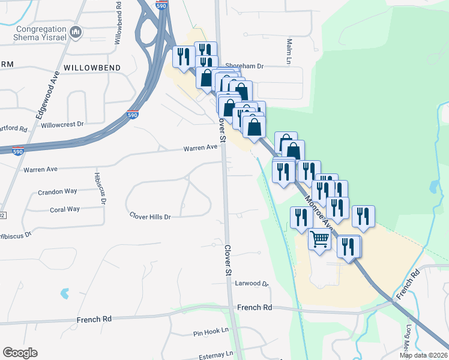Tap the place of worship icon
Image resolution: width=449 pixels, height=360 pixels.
click(76, 32)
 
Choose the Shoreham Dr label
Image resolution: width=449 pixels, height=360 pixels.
click(244, 67)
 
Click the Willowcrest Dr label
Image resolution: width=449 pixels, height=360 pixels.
click(62, 125)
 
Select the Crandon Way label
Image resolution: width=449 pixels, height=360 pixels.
click(58, 191)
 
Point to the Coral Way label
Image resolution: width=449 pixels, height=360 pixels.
click(65, 209)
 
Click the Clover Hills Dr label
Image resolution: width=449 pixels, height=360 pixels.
click(151, 216)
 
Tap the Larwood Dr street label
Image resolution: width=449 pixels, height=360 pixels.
click(252, 283)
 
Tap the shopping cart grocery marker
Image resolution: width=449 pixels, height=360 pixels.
click(319, 239)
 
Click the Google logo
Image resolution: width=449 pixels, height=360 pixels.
click(20, 353)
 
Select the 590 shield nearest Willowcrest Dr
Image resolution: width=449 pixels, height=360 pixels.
click(133, 114)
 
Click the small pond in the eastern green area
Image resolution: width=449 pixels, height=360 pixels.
click(434, 187)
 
